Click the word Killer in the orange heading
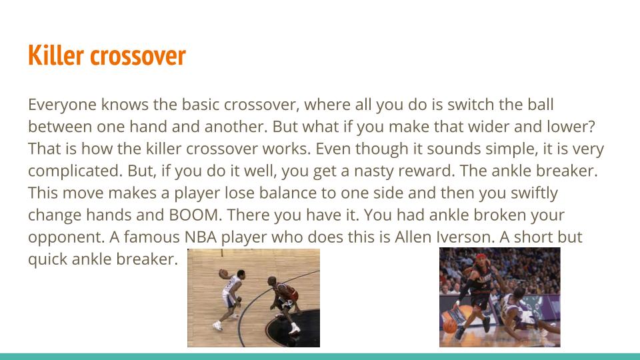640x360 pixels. (x=56, y=55)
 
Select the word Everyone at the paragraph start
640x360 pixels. (x=63, y=105)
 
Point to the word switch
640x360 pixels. (x=471, y=104)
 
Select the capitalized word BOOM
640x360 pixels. (x=195, y=215)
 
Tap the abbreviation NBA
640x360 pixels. (x=201, y=237)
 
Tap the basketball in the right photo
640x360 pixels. (x=449, y=326)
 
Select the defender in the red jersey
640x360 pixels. (x=284, y=303)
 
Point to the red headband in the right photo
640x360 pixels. (x=481, y=257)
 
